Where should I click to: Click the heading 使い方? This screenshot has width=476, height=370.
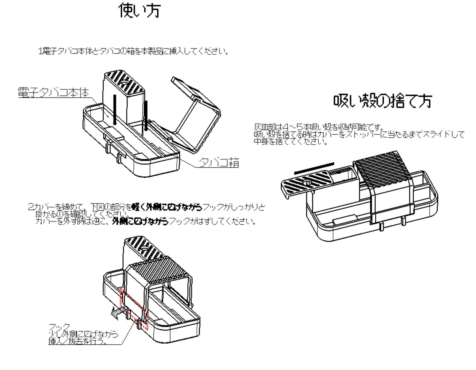[139, 11]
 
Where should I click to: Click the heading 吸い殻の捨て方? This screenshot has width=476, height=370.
[382, 101]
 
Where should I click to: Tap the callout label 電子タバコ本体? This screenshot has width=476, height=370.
[54, 92]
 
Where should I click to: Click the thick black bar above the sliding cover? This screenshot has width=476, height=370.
[314, 168]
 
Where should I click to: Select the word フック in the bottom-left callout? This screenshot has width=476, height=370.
[59, 327]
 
